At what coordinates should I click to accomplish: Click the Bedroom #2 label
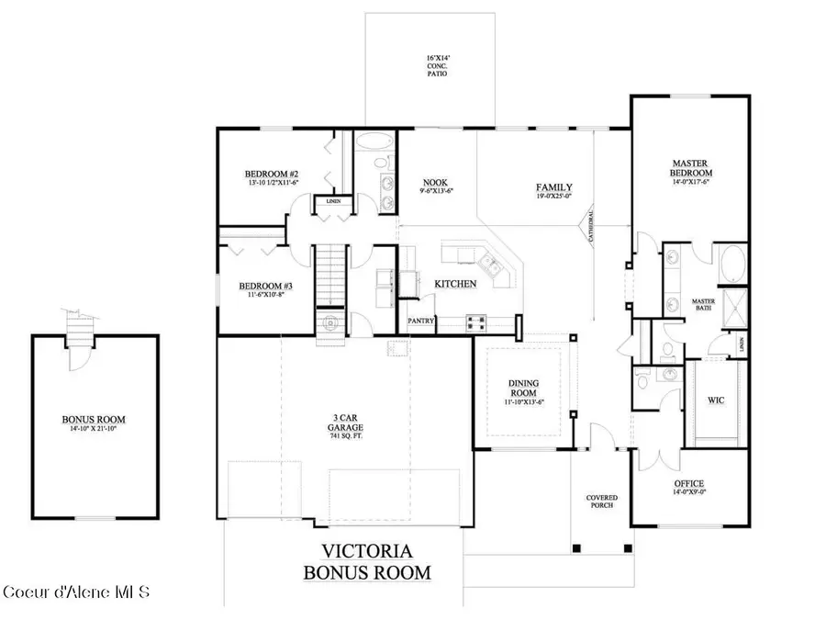point(271,174)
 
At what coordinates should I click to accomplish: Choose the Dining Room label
point(524,387)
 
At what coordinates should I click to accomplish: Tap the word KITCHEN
point(455,284)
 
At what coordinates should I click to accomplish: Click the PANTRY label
point(420,321)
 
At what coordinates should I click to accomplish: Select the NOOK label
point(434,182)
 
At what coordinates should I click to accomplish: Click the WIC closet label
point(717,400)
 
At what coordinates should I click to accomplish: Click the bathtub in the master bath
point(734,265)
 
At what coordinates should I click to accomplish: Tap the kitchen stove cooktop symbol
point(476,322)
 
